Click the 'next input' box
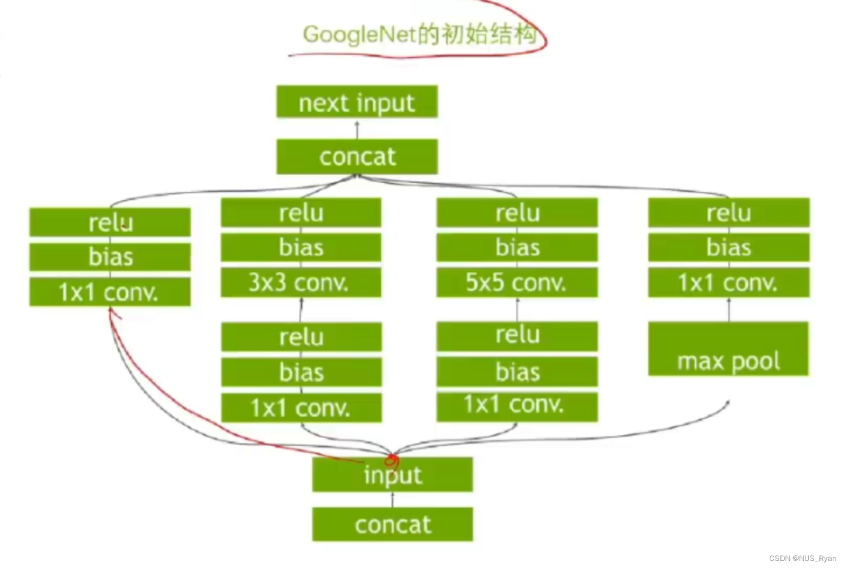[x=357, y=102]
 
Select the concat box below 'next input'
[x=357, y=157]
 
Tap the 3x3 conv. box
[x=301, y=283]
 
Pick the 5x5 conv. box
[x=517, y=283]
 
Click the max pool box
[x=728, y=349]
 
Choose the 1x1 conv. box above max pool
[x=728, y=283]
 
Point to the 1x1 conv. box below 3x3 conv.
[x=301, y=408]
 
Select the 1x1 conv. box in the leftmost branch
[x=110, y=292]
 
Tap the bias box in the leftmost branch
[x=110, y=257]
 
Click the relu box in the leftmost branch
[x=110, y=222]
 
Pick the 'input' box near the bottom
[x=392, y=475]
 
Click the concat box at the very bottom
[x=392, y=524]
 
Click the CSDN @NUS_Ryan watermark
[x=802, y=558]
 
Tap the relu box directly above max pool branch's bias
[x=728, y=213]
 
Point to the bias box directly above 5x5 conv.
[x=517, y=248]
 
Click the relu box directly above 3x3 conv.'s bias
[x=301, y=213]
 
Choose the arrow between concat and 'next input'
[x=357, y=129]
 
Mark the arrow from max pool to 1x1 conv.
[x=728, y=309]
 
